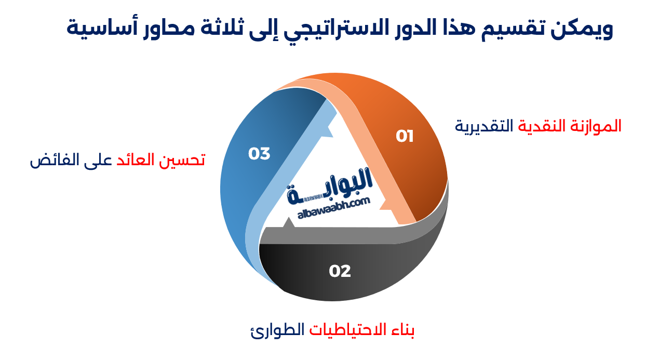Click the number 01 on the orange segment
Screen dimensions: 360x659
click(x=405, y=137)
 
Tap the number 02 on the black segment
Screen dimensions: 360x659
click(x=340, y=271)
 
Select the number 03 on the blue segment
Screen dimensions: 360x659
click(x=259, y=154)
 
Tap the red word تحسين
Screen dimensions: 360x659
click(x=183, y=160)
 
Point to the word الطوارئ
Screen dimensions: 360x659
click(x=277, y=330)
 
